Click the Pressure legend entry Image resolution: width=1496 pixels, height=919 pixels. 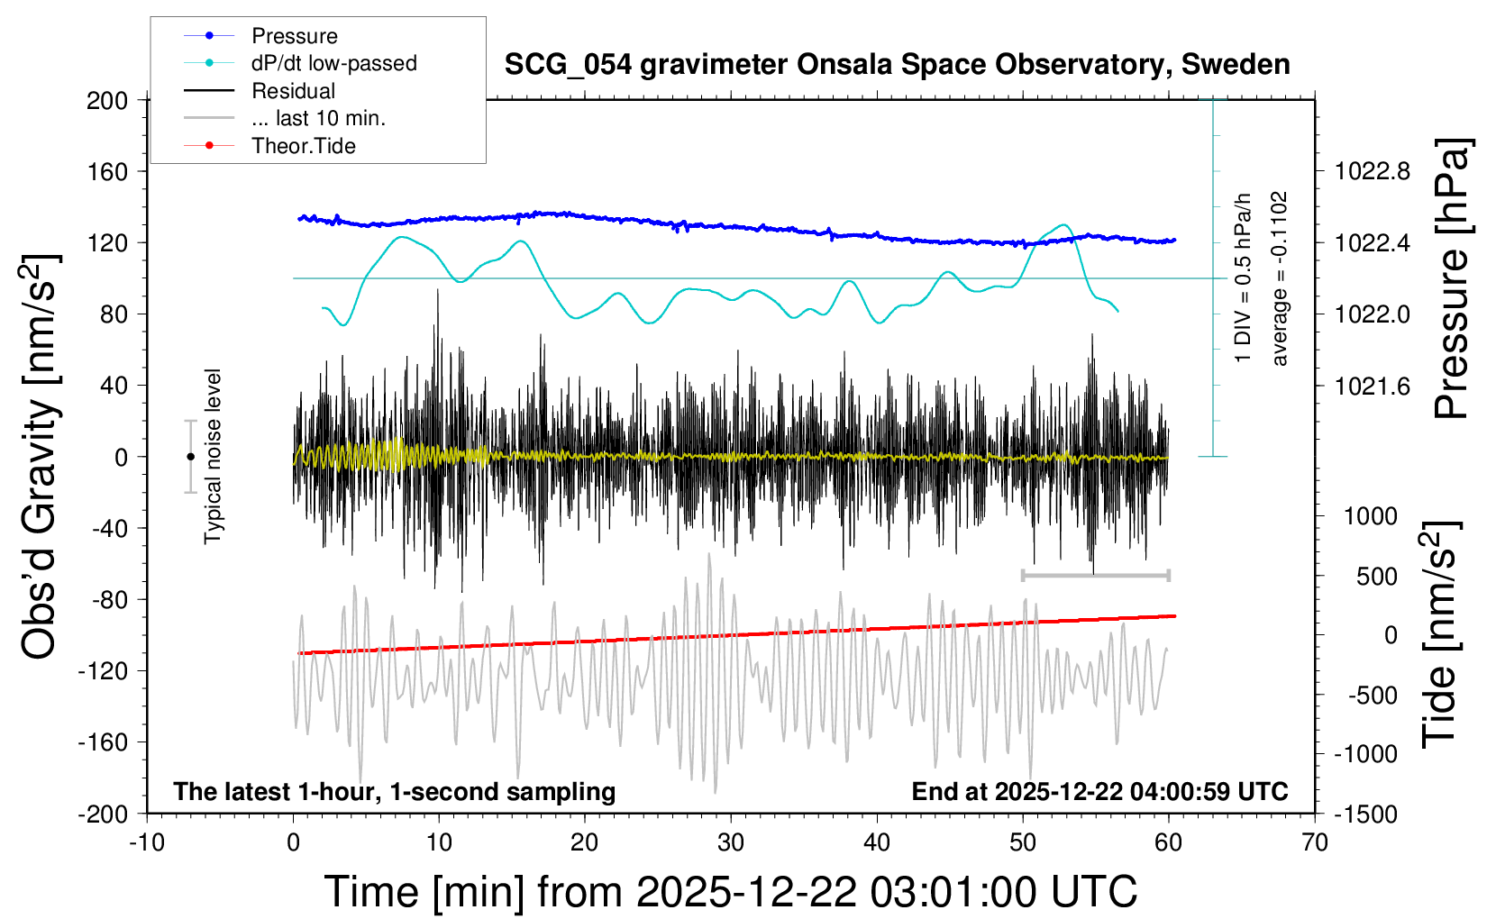[x=294, y=36]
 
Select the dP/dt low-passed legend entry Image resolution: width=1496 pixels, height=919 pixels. [x=333, y=63]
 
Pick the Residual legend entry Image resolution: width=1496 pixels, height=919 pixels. [x=293, y=91]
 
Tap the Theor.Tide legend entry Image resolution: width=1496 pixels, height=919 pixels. [x=303, y=146]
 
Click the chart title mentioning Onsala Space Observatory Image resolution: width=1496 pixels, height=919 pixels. [x=897, y=65]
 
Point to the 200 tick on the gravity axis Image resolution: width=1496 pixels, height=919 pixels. [x=107, y=100]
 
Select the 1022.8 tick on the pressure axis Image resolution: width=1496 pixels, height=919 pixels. [x=1373, y=171]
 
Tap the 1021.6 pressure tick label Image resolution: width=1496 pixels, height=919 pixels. [x=1373, y=386]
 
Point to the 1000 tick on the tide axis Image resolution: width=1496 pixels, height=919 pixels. [x=1371, y=516]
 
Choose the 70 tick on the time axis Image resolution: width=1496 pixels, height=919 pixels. [x=1315, y=843]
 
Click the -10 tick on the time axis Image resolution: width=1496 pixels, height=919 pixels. [x=147, y=843]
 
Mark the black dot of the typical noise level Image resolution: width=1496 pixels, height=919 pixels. [x=190, y=457]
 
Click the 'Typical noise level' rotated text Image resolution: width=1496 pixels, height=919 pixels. [x=213, y=456]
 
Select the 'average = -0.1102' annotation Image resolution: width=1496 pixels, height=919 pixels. [x=1279, y=278]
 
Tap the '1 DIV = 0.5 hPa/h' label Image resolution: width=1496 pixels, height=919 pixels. [x=1244, y=278]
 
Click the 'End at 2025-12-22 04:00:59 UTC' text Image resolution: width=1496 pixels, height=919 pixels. [x=1099, y=792]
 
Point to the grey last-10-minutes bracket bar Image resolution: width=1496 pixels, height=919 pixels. [x=1095, y=575]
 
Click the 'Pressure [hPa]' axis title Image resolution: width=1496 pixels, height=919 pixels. [x=1451, y=278]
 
